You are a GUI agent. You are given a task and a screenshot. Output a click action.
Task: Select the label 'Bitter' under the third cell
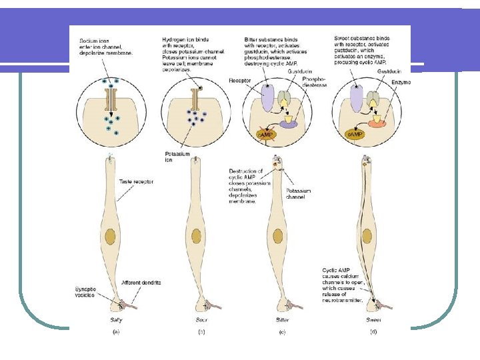284,320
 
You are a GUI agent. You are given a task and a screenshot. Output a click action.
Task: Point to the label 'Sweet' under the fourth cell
373,320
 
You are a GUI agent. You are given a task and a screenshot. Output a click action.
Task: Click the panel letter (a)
116,331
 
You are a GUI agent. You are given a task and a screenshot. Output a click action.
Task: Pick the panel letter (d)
373,331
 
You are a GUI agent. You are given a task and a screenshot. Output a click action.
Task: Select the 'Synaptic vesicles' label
85,292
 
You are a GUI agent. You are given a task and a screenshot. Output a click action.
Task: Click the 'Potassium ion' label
177,157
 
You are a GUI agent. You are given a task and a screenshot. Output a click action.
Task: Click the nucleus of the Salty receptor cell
110,235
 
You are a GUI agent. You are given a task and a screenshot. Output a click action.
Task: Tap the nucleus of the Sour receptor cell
196,235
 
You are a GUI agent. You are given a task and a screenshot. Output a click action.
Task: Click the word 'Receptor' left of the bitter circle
239,79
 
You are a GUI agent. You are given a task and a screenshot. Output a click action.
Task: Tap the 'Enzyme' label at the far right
401,82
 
